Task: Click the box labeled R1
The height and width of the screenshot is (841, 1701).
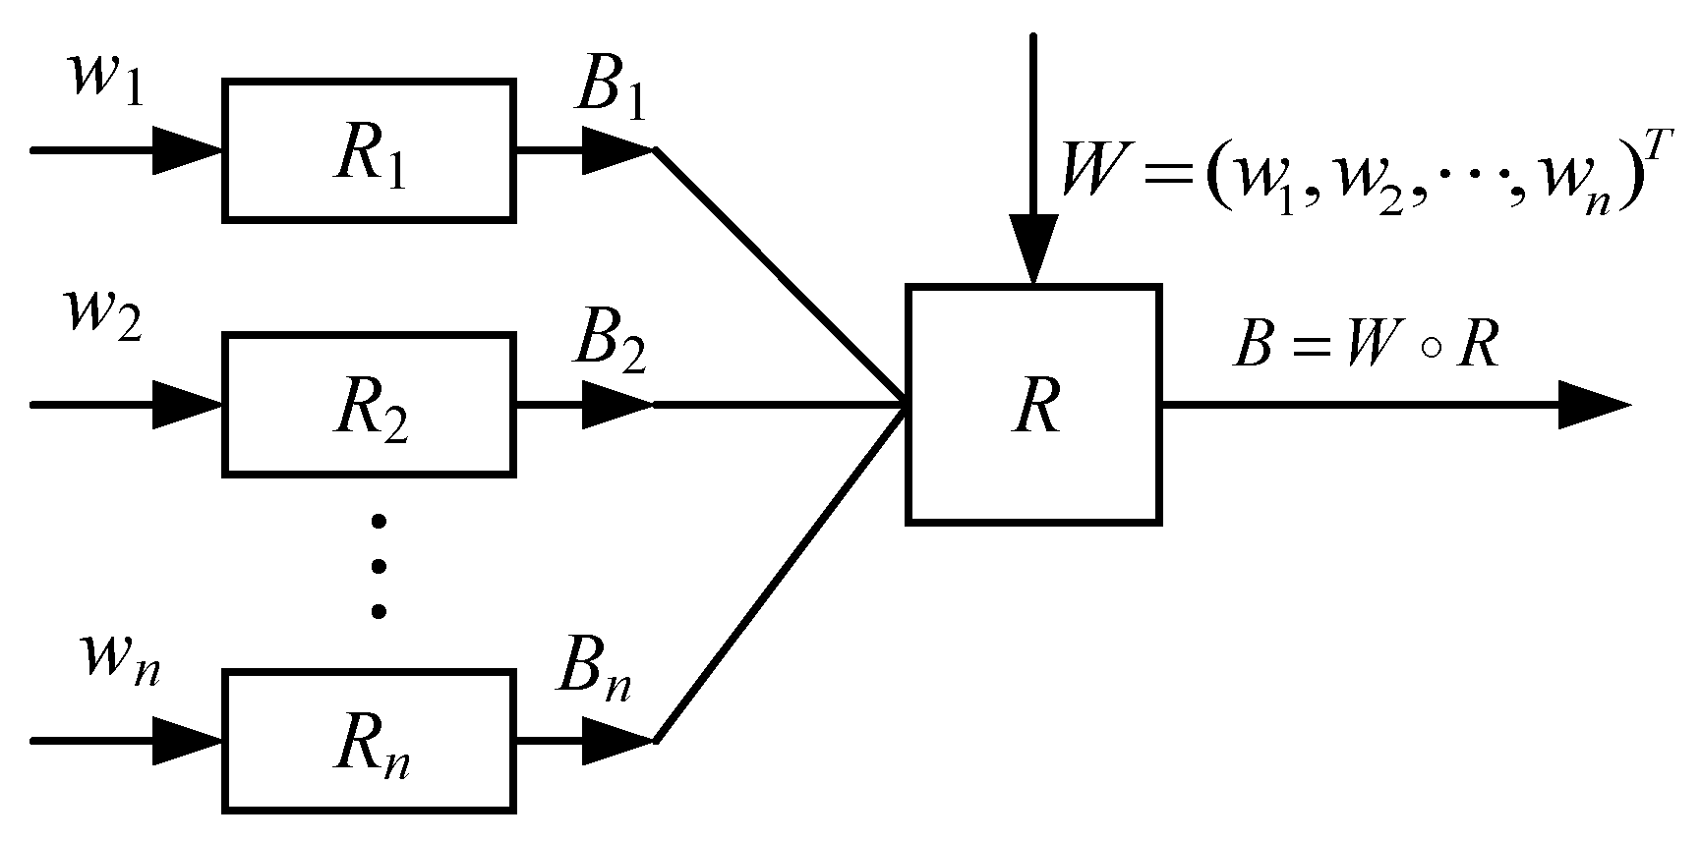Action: point(369,150)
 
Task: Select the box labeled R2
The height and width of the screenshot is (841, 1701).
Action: point(369,404)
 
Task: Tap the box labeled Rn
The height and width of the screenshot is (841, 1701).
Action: point(369,741)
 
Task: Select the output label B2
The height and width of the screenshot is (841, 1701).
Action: point(611,344)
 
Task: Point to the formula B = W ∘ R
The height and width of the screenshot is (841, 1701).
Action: point(1367,346)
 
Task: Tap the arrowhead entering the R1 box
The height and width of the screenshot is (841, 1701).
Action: point(187,150)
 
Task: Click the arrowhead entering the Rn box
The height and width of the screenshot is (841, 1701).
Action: point(187,741)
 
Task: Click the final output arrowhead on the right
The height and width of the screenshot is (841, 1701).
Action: point(1593,404)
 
